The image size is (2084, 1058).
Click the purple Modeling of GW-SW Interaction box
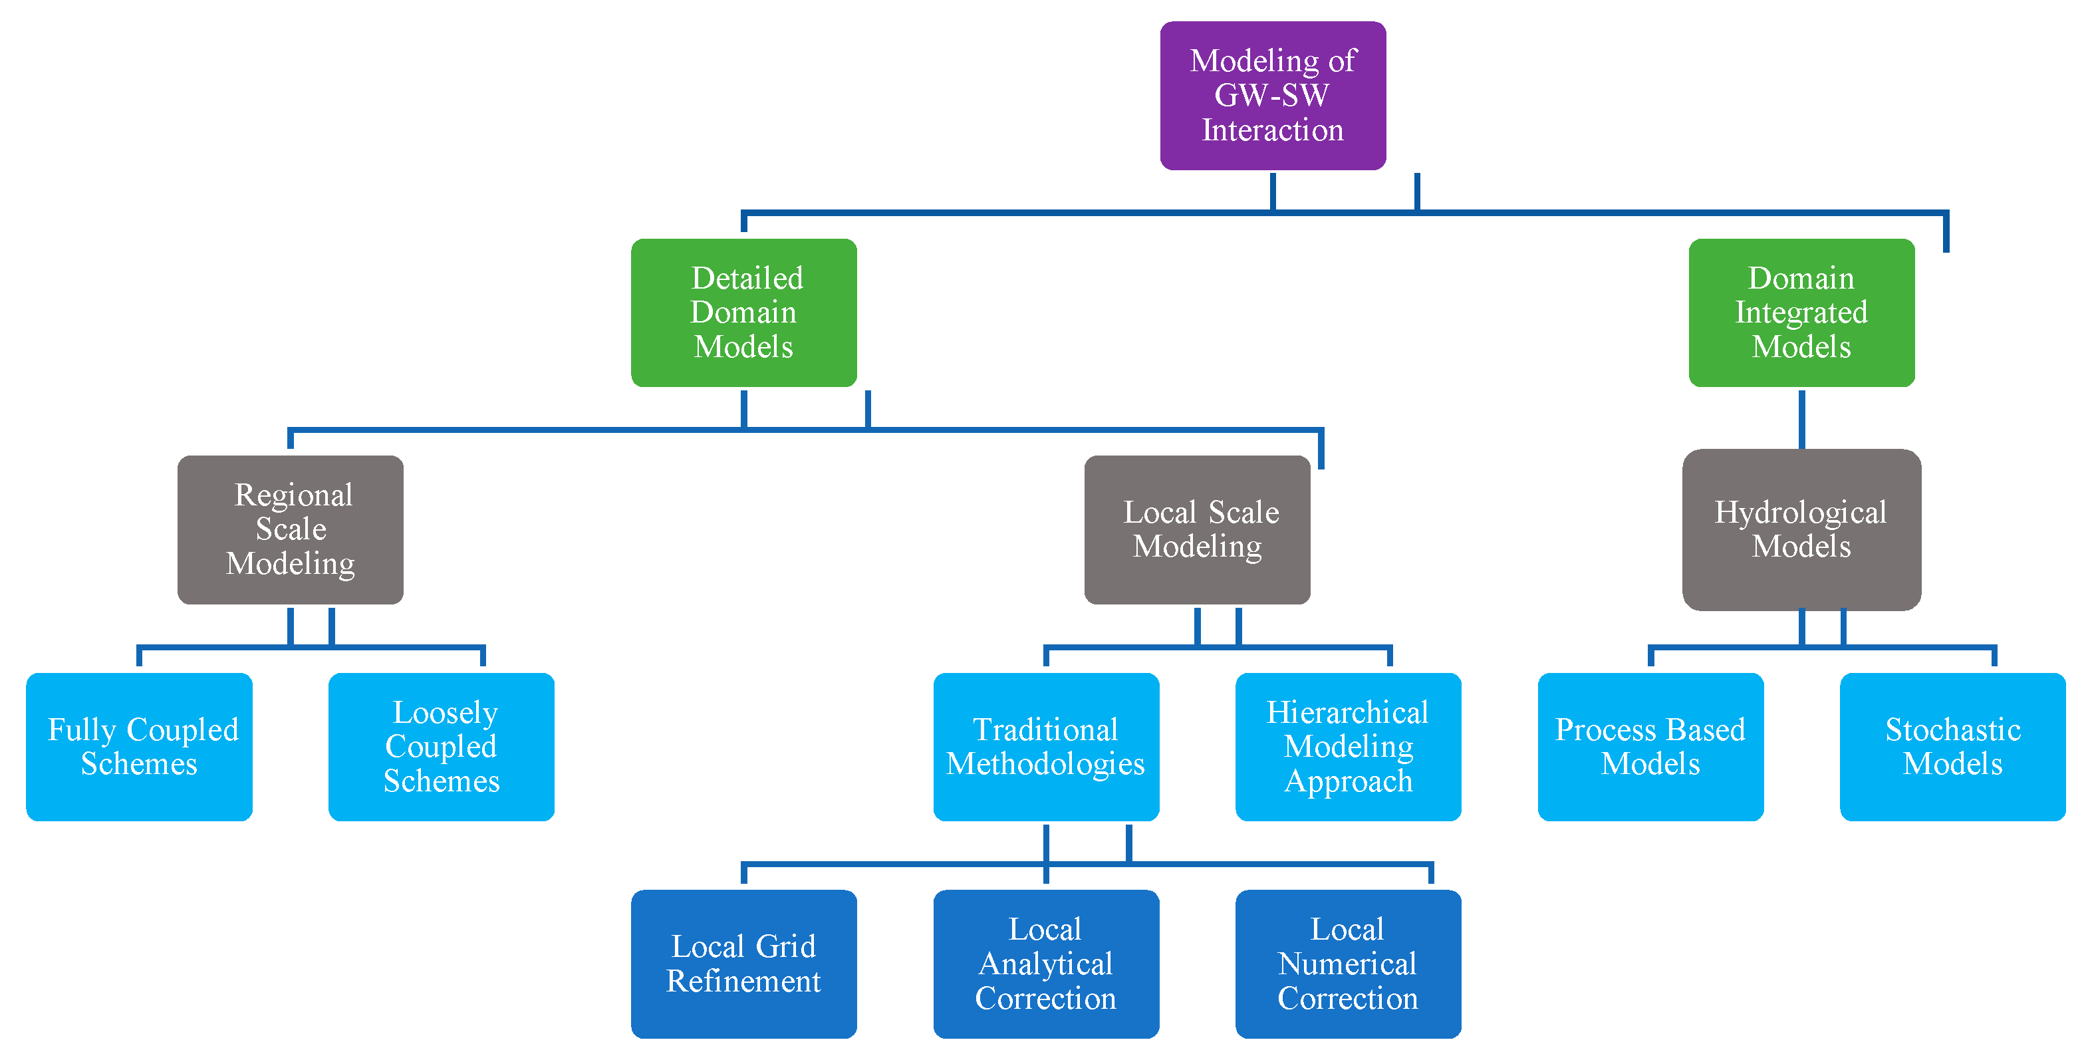pyautogui.click(x=1273, y=96)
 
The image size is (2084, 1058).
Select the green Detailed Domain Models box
pyautogui.click(x=743, y=313)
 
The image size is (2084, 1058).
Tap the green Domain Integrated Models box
pyautogui.click(x=1801, y=313)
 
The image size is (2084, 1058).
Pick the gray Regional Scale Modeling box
pyautogui.click(x=291, y=529)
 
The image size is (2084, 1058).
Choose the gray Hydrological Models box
pyautogui.click(x=1801, y=529)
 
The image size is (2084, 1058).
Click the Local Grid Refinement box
pyautogui.click(x=743, y=964)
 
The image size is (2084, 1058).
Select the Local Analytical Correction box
pyautogui.click(x=1045, y=964)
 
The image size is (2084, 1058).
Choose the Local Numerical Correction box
pyautogui.click(x=1348, y=964)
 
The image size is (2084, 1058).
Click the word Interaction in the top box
pyautogui.click(x=1273, y=130)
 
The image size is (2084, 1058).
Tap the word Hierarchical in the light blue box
pyautogui.click(x=1347, y=713)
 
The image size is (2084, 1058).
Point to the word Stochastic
pyautogui.click(x=1953, y=729)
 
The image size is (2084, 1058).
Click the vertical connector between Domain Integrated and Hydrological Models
pyautogui.click(x=1801, y=419)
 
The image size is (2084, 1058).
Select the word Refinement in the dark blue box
pyautogui.click(x=743, y=981)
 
